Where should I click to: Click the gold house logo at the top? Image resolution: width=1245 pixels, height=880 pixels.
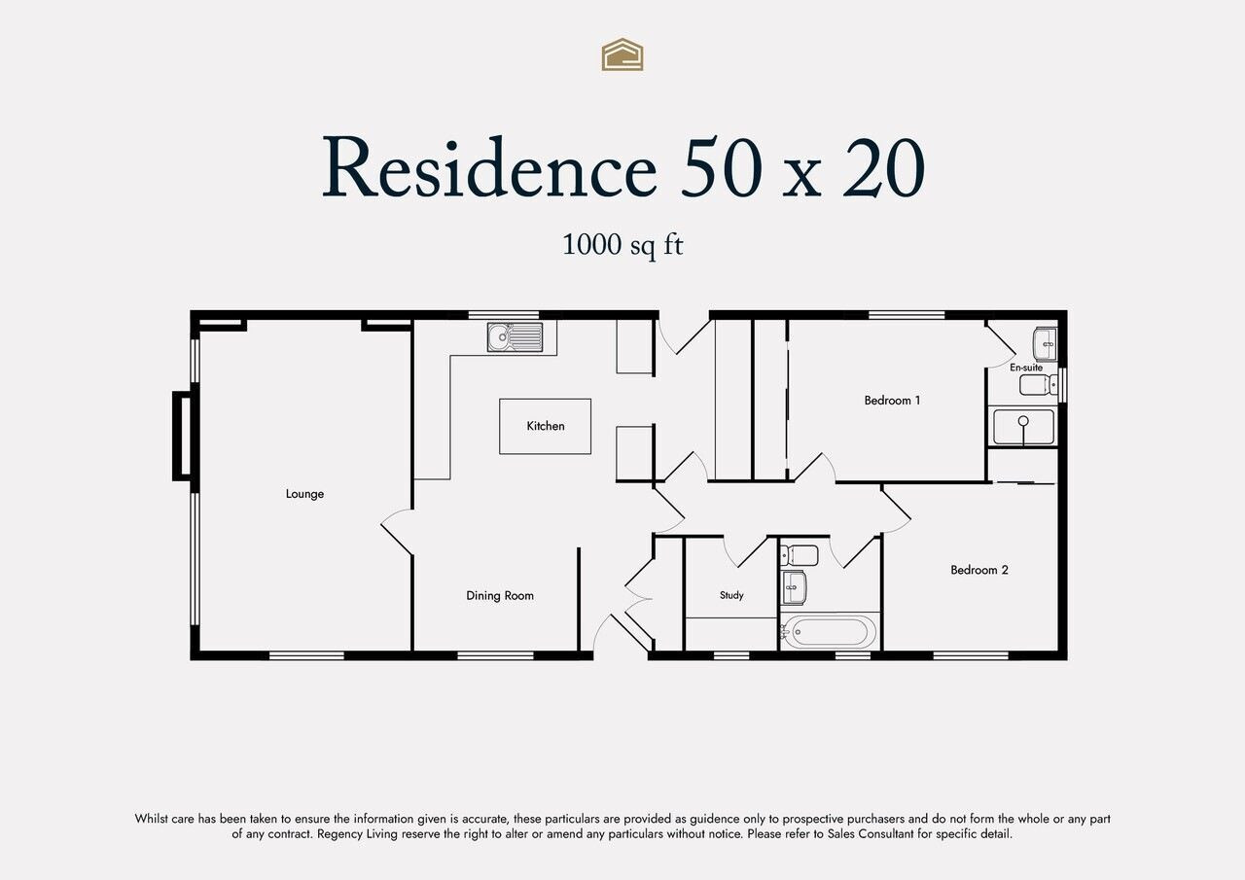pos(622,54)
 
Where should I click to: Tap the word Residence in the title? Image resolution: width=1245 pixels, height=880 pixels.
pos(489,167)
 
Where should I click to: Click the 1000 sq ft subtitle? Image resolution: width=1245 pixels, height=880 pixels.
pos(622,244)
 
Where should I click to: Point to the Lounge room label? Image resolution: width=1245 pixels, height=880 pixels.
pos(304,494)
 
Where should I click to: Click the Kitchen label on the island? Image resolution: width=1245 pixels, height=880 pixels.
pos(546,426)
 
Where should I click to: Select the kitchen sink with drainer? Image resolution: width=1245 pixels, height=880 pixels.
pos(515,337)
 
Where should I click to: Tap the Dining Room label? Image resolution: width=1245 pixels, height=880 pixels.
pos(500,595)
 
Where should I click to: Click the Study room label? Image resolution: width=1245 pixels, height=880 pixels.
pos(731,595)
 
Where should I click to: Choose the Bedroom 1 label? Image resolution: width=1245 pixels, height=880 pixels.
pos(892,400)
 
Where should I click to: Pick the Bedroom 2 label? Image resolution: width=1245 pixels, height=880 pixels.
pos(978,570)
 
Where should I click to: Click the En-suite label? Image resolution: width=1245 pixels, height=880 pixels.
pos(1026,368)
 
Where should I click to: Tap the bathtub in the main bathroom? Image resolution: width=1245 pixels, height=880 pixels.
pos(829,632)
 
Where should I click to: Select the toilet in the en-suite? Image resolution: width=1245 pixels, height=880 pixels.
pos(1038,384)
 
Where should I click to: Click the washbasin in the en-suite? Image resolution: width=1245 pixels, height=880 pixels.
pos(1045,344)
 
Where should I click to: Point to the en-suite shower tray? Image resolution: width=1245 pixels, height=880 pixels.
pos(1023,427)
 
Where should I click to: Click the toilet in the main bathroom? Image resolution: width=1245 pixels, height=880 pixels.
pos(800,555)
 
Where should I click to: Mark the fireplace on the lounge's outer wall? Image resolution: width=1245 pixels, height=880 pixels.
pos(182,437)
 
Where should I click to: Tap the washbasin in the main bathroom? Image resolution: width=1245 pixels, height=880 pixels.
pos(795,587)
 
